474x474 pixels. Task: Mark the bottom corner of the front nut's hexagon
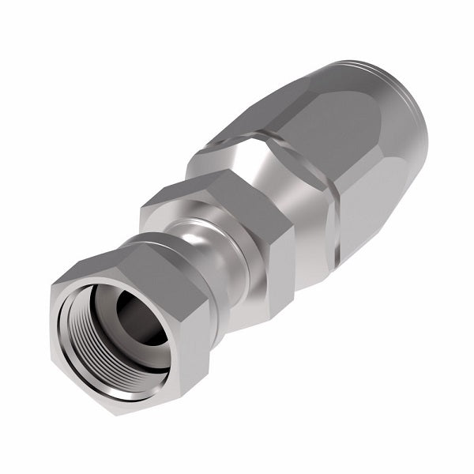(x=118, y=413)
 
